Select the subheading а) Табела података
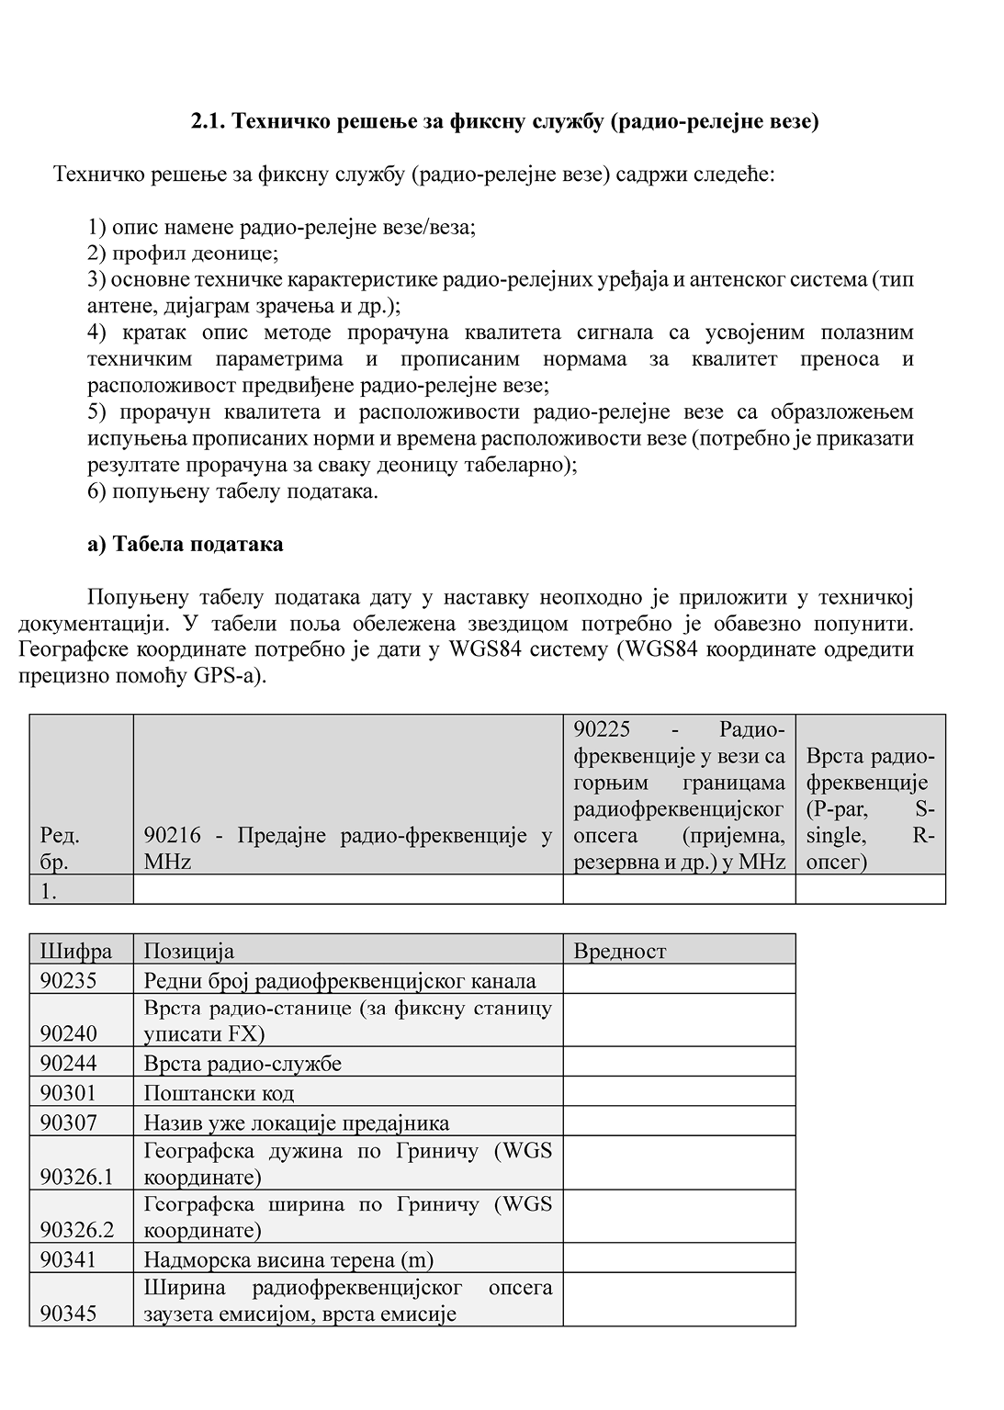coord(186,544)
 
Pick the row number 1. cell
coord(81,889)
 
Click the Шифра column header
coord(81,950)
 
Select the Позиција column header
coord(348,950)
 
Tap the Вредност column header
coord(679,950)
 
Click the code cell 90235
coord(81,979)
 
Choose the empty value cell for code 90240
coord(679,1020)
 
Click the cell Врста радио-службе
coord(348,1063)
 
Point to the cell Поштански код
coord(348,1092)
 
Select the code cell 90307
coord(81,1122)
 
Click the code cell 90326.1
coord(81,1164)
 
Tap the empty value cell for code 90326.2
coord(679,1217)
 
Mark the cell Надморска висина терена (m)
coord(348,1258)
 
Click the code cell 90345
coord(81,1300)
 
